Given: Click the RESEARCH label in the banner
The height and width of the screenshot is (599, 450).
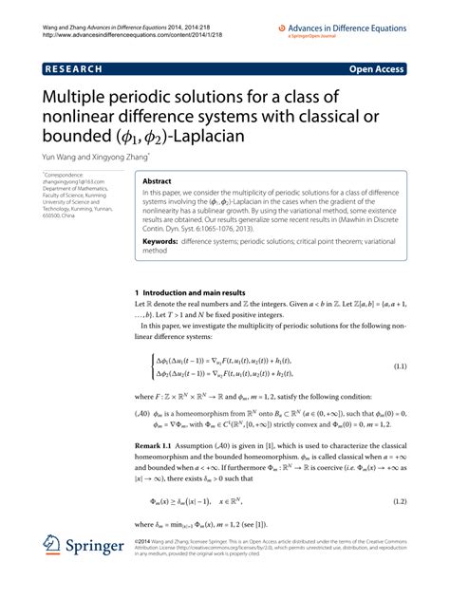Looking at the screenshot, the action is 72,68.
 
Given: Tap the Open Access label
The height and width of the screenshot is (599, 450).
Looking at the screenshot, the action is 376,68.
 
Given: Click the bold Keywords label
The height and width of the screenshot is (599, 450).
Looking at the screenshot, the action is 160,241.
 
